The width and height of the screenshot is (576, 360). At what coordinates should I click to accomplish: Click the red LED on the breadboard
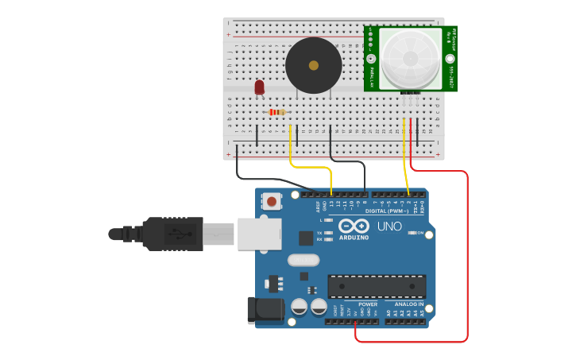click(x=260, y=87)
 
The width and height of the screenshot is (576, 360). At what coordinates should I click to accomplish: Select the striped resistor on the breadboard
click(x=276, y=112)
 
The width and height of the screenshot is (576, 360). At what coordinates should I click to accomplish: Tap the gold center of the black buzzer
click(x=314, y=66)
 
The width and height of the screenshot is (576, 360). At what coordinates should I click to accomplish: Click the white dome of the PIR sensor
click(x=410, y=58)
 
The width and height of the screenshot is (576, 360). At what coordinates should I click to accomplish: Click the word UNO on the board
click(x=389, y=226)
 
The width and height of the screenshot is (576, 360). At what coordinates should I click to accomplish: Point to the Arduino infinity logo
click(x=354, y=226)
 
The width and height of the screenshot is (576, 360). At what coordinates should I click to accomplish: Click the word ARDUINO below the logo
click(x=354, y=238)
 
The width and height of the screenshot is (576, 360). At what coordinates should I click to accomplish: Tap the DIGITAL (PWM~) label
click(x=387, y=211)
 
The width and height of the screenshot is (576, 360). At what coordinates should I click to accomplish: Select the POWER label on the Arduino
click(x=367, y=304)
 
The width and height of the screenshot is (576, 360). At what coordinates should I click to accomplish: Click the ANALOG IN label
click(x=409, y=304)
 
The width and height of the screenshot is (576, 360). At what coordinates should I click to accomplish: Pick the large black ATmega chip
click(x=377, y=286)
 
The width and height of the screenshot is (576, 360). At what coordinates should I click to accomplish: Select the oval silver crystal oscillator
click(x=303, y=260)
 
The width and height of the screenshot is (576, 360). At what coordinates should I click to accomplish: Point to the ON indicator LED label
click(x=420, y=233)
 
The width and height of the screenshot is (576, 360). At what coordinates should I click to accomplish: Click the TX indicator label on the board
click(x=319, y=232)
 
